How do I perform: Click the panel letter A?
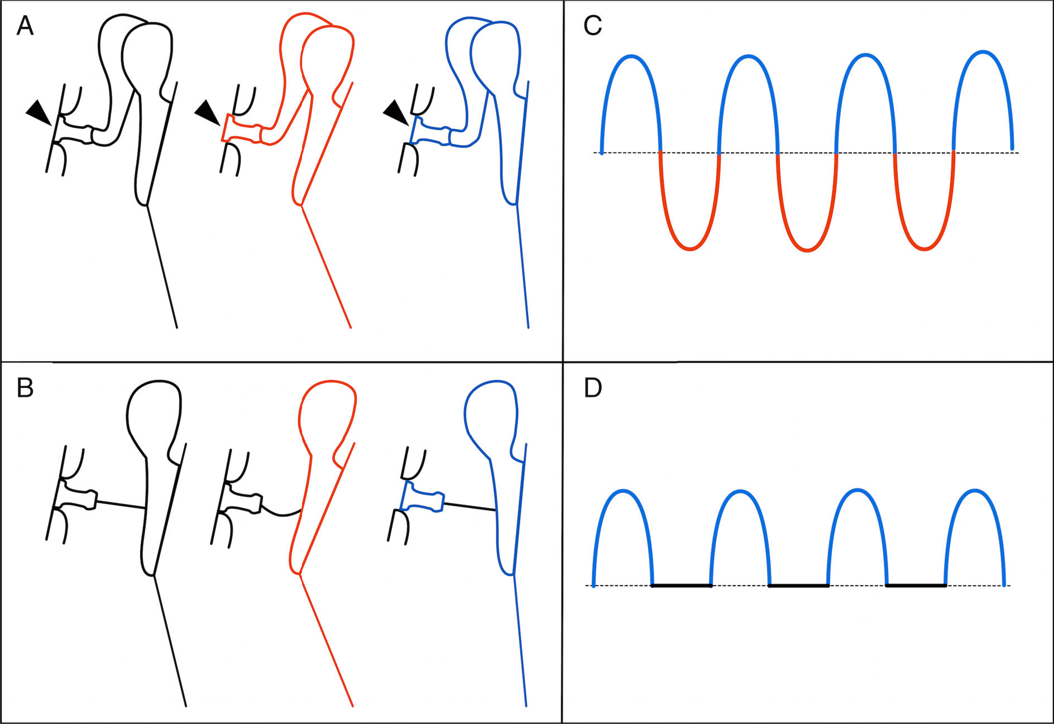25,26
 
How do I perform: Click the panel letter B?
25,388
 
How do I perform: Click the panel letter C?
592,26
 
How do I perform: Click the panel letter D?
593,388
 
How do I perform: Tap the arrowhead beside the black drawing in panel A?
39,112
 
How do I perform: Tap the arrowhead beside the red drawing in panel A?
207,112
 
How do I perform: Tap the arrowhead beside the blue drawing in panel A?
396,112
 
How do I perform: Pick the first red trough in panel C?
690,248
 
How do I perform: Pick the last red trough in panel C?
924,248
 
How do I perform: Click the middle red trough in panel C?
807,249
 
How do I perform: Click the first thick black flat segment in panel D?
682,586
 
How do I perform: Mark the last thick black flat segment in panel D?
916,586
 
